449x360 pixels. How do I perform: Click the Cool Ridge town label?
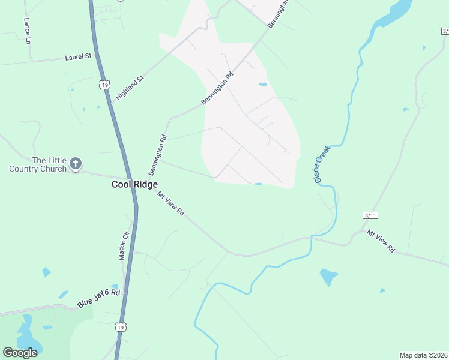click(x=134, y=184)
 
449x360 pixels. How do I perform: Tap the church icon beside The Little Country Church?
click(x=76, y=163)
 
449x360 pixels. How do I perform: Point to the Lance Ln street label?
click(x=27, y=31)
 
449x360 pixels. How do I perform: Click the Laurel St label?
click(x=78, y=57)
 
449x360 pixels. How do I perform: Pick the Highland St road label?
click(x=130, y=88)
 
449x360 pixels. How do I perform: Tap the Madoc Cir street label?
click(x=125, y=244)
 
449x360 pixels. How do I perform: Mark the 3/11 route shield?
click(x=370, y=215)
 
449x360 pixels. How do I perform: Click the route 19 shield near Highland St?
click(x=105, y=85)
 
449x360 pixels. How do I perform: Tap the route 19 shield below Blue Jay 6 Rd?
click(x=121, y=327)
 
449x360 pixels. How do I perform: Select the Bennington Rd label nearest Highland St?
click(x=217, y=89)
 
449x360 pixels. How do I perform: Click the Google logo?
click(x=20, y=352)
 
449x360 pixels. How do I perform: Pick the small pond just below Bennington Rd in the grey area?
click(x=263, y=85)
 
